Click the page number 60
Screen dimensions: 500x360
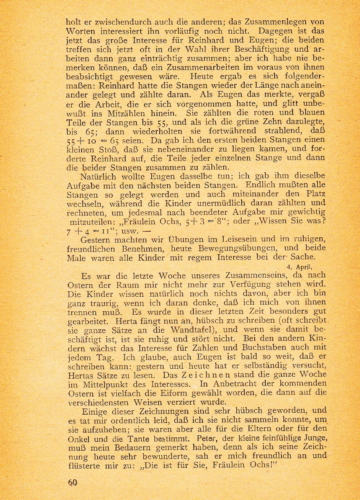tap(73, 482)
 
